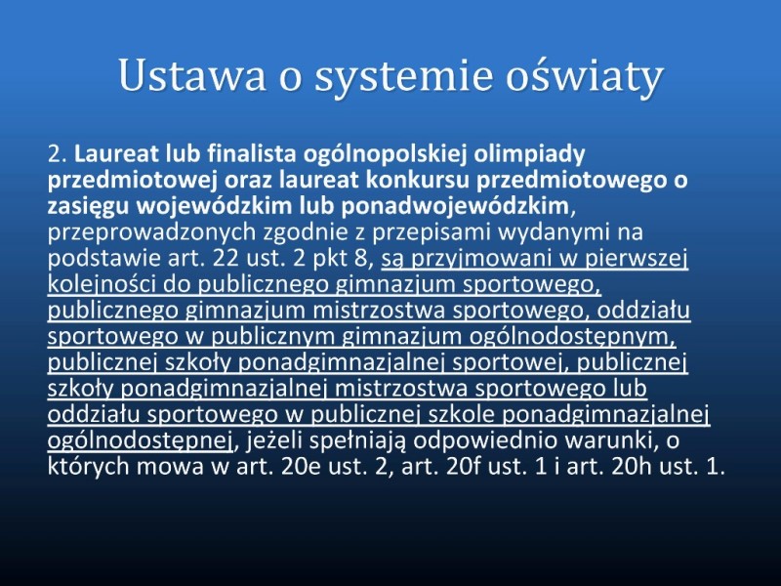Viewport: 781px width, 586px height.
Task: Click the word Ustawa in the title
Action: (192, 75)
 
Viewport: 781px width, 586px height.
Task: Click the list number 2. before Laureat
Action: (58, 154)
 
